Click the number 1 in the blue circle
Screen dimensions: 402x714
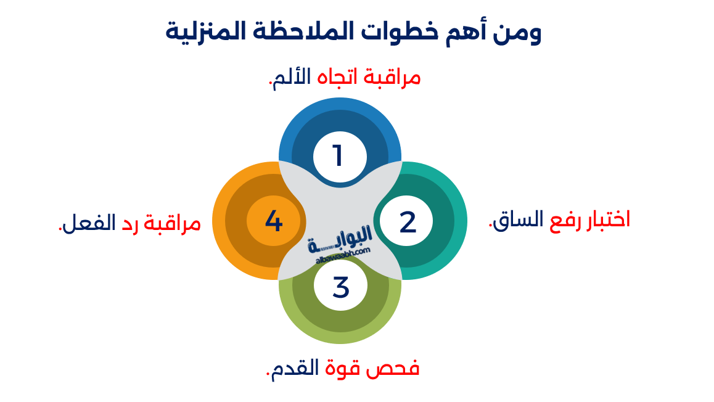(x=337, y=156)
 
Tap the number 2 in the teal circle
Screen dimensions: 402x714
(x=408, y=222)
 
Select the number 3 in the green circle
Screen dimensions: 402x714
(x=340, y=287)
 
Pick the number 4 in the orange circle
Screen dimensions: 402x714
(x=274, y=221)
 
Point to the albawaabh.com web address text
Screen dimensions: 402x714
(x=343, y=254)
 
